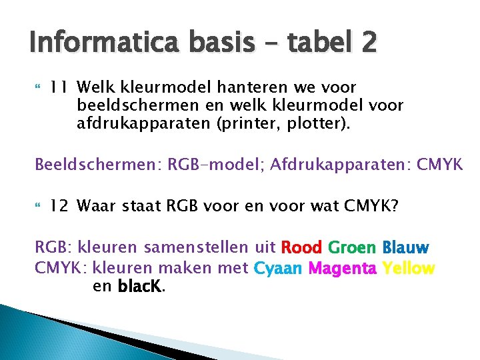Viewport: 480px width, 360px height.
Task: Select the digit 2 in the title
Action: tap(368, 45)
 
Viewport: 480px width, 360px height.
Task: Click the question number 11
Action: tap(60, 87)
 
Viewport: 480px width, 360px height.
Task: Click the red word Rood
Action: tap(302, 249)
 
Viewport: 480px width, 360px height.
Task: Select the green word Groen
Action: tap(353, 249)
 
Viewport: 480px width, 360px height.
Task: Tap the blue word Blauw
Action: tap(406, 249)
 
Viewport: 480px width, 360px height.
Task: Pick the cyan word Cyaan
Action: tap(278, 269)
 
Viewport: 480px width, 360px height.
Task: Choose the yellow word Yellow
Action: tap(409, 269)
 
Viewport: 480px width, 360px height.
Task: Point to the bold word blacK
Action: tap(140, 287)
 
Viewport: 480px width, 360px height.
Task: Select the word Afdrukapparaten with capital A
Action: tap(337, 163)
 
